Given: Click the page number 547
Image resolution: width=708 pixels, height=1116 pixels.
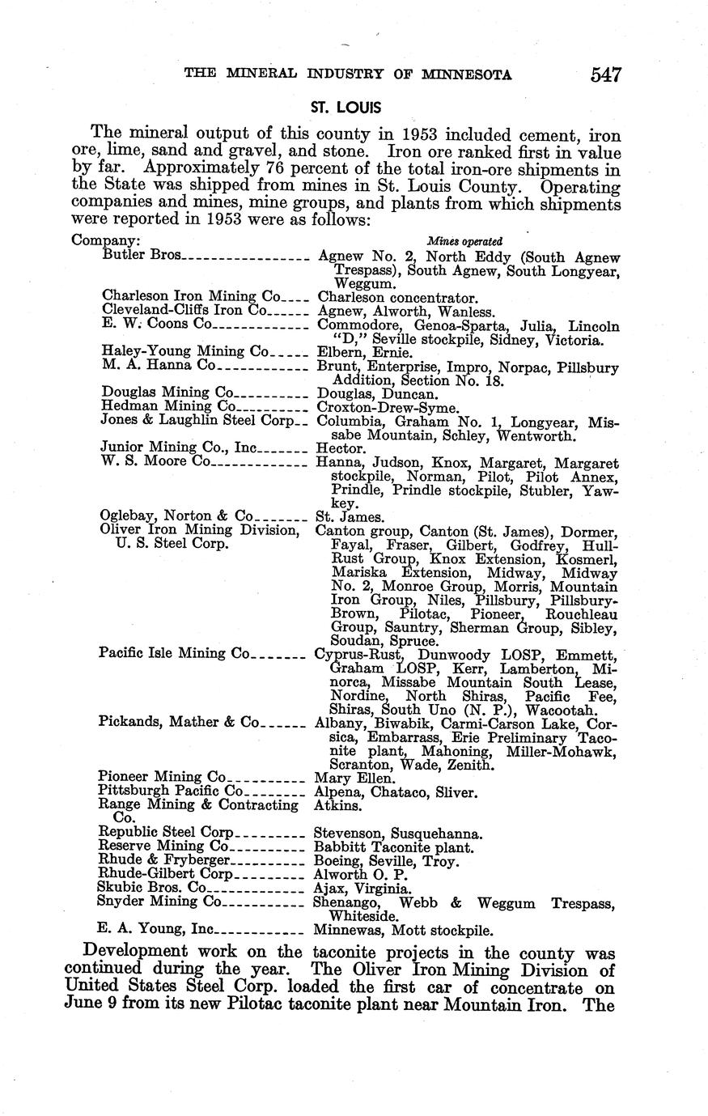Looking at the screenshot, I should pos(605,75).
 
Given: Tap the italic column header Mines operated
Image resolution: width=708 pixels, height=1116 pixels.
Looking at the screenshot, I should pos(464,241).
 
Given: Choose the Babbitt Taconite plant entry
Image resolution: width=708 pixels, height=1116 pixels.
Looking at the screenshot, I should pos(392,847).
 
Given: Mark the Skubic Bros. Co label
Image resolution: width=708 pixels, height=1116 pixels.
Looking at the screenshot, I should pos(147,888).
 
